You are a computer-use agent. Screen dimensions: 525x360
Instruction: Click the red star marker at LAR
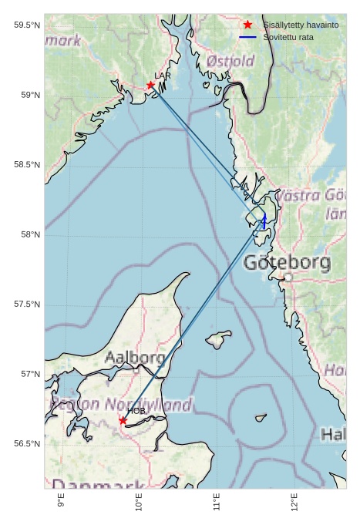click(150, 85)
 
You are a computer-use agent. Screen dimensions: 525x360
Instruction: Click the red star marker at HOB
click(123, 420)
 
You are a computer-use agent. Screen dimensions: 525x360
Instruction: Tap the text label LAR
click(163, 76)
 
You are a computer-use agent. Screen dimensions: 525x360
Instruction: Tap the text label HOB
click(136, 411)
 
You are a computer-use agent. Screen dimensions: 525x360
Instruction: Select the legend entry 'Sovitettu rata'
click(288, 37)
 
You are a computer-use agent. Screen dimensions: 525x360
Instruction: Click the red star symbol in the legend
click(247, 25)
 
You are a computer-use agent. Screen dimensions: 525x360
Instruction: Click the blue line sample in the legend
click(247, 37)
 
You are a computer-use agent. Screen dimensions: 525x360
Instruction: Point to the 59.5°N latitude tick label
click(27, 25)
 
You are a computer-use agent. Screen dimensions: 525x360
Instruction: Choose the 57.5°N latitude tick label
click(27, 305)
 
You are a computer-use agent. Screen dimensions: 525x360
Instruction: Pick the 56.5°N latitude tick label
click(27, 444)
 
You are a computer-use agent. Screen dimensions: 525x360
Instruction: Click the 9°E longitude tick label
click(61, 503)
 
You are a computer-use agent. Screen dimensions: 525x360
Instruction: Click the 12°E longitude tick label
click(294, 503)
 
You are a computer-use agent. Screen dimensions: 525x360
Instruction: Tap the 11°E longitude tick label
click(217, 503)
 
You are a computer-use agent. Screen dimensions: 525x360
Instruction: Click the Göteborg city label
click(287, 263)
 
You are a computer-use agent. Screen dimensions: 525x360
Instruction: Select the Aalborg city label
click(135, 358)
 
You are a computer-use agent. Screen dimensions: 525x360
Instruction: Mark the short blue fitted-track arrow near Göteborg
click(264, 221)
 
